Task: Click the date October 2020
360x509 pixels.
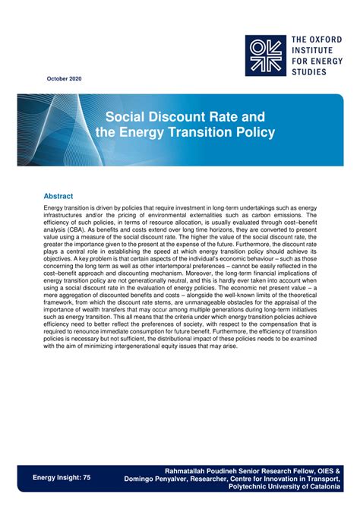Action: pos(64,79)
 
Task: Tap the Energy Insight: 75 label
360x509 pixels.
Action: pos(62,477)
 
